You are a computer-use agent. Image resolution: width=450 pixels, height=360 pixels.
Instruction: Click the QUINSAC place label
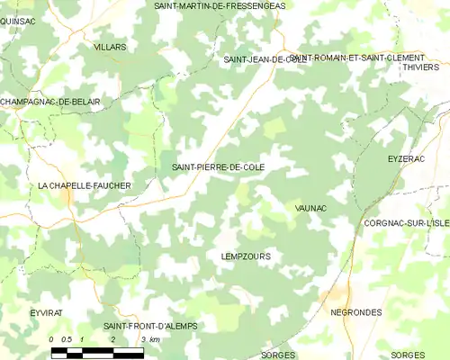pos(19,20)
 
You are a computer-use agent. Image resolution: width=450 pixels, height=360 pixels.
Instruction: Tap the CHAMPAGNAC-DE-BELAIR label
pos(50,102)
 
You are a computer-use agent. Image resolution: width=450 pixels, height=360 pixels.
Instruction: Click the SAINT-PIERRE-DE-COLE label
pos(218,167)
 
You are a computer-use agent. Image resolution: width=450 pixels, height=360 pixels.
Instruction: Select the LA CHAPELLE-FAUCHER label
pos(84,185)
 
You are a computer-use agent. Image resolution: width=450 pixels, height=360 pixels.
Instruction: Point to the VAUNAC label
pos(310,208)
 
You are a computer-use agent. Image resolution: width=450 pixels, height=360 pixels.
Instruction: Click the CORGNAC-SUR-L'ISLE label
pos(406,221)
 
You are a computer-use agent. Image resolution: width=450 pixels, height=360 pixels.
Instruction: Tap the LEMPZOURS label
pos(245,256)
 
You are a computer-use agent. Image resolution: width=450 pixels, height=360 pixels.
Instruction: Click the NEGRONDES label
pos(356,311)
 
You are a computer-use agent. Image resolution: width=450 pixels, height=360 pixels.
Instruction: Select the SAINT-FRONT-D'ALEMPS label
pos(149,326)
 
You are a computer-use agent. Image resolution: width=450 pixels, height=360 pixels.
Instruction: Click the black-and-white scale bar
pos(97,351)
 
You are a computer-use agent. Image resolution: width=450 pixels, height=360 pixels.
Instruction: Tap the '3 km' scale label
pos(149,339)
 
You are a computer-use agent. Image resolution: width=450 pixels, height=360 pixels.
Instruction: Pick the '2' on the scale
pos(112,339)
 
